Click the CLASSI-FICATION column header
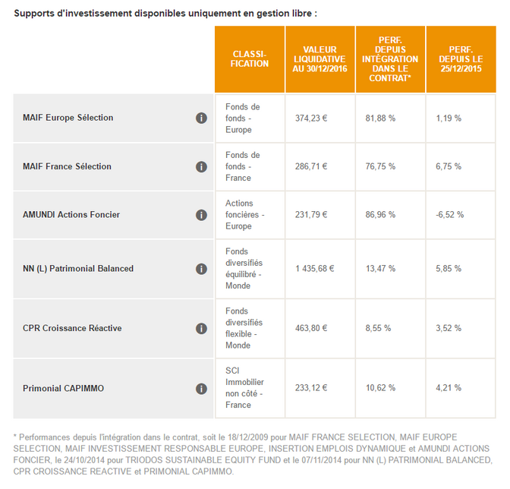pyautogui.click(x=250, y=59)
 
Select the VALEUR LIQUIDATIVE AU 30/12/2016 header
pyautogui.click(x=320, y=59)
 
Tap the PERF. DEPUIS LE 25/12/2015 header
pyautogui.click(x=461, y=59)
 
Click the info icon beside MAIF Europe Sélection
pyautogui.click(x=201, y=118)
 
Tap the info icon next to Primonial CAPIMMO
pyautogui.click(x=201, y=389)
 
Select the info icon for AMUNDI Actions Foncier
pyautogui.click(x=201, y=215)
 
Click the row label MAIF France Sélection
pyautogui.click(x=67, y=166)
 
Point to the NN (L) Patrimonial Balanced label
pyautogui.click(x=78, y=269)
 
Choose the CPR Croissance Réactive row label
pyautogui.click(x=72, y=328)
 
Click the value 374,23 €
pyautogui.click(x=311, y=118)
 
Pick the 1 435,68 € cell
pyautogui.click(x=314, y=269)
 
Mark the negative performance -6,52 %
pyautogui.click(x=450, y=215)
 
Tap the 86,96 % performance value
pyautogui.click(x=380, y=215)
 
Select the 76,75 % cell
pyautogui.click(x=380, y=166)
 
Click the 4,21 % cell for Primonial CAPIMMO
pyautogui.click(x=449, y=388)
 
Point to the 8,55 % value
pyautogui.click(x=378, y=328)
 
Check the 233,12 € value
pyautogui.click(x=311, y=388)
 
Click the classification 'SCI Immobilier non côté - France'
pyautogui.click(x=244, y=388)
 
